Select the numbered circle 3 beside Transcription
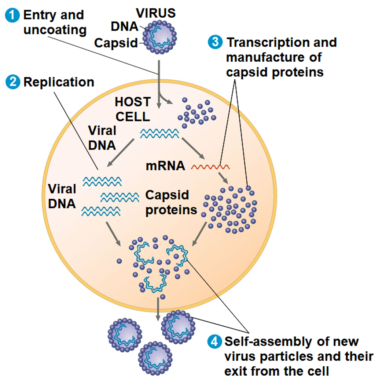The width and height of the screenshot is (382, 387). coord(215,43)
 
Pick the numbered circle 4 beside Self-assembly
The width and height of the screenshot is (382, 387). coord(214,342)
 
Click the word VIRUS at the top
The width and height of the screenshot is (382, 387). coord(155,13)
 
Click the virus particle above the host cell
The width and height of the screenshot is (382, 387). coord(159,37)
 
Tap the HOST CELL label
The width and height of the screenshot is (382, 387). coord(132,109)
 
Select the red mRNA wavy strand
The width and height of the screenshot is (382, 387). coord(210,167)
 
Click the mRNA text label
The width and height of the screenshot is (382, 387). coord(165,166)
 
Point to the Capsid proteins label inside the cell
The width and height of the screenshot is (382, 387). coord(171,202)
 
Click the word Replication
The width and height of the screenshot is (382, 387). coord(59,82)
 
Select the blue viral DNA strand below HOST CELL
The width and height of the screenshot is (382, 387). coord(160,134)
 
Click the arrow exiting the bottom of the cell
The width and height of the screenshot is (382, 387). coord(158,308)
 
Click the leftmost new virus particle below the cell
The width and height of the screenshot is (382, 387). coord(125,334)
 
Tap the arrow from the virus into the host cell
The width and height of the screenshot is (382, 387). coord(159,84)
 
